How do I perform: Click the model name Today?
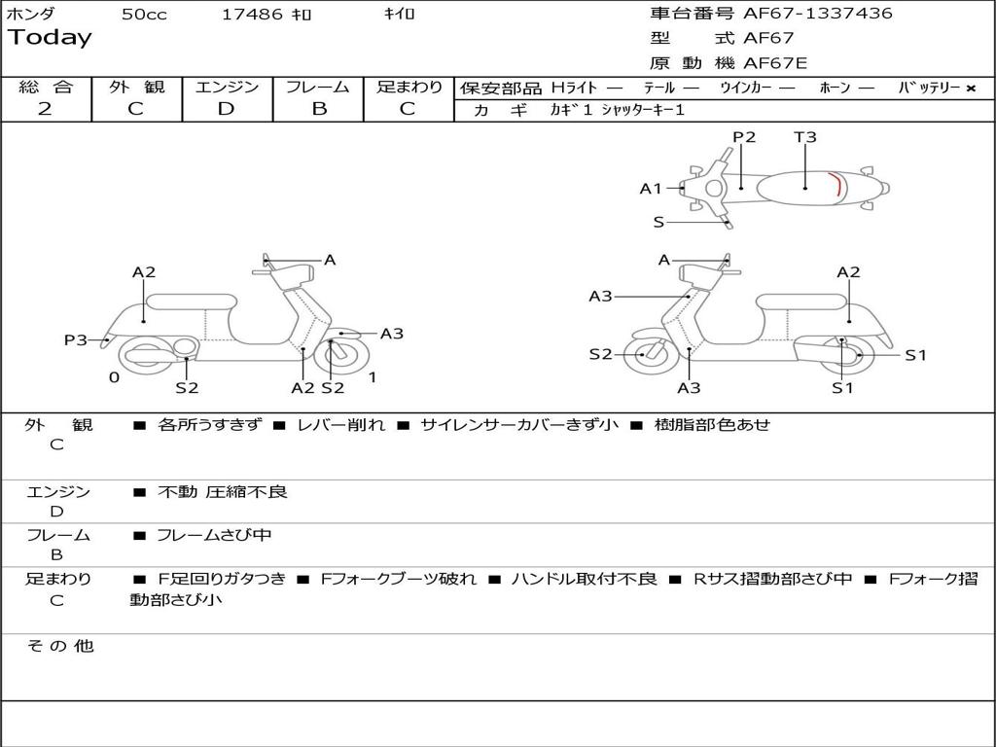[50, 38]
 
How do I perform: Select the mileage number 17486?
[252, 15]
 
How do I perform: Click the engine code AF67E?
[775, 63]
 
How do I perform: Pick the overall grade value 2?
[45, 109]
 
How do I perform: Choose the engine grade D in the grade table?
[227, 109]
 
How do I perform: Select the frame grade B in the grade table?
[318, 109]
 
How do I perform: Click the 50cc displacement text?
[144, 15]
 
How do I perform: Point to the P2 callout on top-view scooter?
[744, 137]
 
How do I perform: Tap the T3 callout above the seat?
[805, 137]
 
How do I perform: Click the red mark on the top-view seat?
[837, 184]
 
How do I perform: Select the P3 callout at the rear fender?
[75, 339]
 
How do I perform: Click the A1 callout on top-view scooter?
[651, 189]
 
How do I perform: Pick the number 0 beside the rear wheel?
[114, 377]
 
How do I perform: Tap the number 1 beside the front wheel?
[373, 377]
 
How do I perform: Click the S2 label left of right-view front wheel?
[600, 354]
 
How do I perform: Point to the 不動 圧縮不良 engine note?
[223, 492]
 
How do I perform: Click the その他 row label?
[59, 646]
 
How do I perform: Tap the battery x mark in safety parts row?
[971, 89]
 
